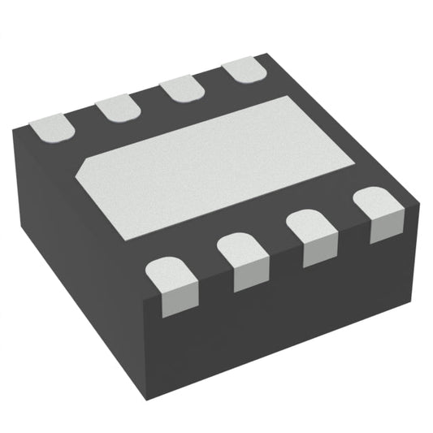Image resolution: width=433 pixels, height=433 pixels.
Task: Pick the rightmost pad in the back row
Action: click(245, 71)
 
